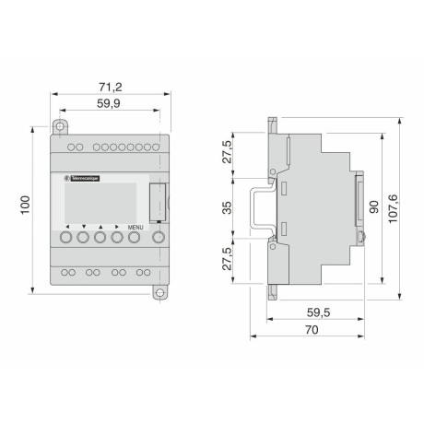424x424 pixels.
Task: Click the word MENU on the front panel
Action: point(135,226)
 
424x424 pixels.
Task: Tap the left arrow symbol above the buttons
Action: point(67,226)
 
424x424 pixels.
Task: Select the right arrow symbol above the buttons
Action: point(116,226)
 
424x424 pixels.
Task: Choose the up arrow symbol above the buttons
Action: point(100,226)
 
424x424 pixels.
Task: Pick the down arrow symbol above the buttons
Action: point(83,226)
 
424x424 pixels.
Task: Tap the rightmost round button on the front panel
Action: point(159,238)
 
